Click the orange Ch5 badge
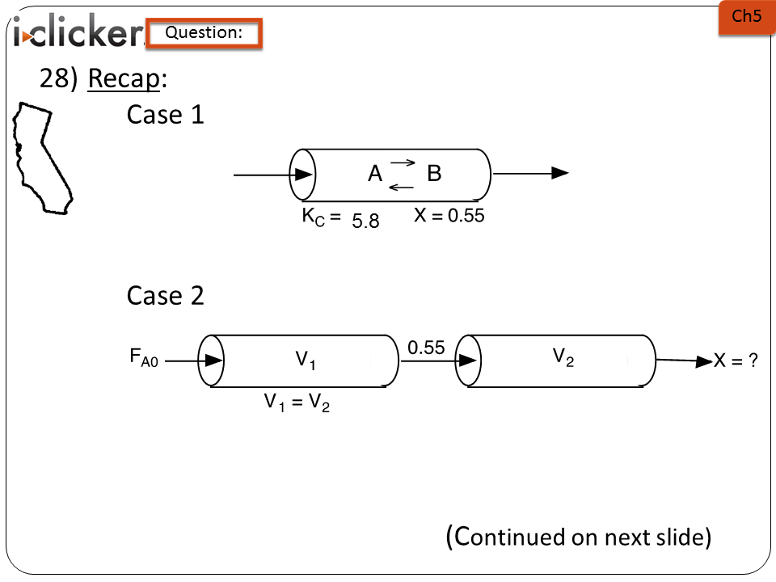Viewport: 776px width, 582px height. pos(745,17)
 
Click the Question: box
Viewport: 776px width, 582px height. pos(204,33)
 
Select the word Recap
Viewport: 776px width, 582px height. pos(124,78)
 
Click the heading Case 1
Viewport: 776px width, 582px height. pos(165,115)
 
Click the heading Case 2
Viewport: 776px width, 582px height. pos(165,296)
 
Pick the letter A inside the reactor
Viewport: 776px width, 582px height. pos(375,174)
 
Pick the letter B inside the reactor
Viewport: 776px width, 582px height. pos(434,174)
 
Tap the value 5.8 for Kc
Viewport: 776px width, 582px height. pos(365,221)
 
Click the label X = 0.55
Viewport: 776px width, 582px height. pos(449,216)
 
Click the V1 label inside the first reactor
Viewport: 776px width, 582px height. pos(305,361)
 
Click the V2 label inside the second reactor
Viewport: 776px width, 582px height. pos(563,356)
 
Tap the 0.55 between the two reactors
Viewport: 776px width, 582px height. pos(426,348)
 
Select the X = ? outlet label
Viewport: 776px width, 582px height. pos(735,361)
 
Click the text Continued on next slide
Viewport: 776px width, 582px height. pos(578,537)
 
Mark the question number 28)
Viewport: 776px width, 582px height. pos(58,78)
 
